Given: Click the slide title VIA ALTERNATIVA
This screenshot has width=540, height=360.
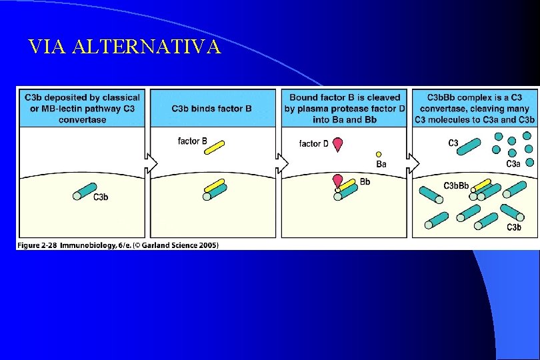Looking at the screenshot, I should coord(124,47).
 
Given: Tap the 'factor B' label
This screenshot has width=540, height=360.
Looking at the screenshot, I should coord(193,141).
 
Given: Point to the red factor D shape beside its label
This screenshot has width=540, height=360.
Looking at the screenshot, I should coord(338,144).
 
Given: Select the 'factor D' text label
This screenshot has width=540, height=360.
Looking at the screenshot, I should coord(313,143).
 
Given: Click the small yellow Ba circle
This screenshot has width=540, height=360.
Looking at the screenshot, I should coord(378,154).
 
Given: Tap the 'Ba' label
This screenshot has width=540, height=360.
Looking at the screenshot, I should coord(381,164).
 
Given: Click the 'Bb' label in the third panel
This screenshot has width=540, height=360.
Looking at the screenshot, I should coord(365,181).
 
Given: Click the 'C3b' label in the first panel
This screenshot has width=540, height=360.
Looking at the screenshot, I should coord(101,197).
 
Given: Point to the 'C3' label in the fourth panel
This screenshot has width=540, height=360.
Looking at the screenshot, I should coord(453,142).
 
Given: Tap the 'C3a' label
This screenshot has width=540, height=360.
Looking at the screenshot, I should coord(513,164).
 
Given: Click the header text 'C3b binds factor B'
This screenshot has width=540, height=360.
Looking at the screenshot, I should coord(212,109).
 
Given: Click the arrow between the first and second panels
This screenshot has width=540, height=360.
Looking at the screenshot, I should coord(153,163).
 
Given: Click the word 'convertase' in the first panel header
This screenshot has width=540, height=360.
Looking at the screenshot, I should coord(82,120).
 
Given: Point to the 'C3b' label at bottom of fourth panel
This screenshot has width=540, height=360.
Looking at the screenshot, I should coord(514,228).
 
